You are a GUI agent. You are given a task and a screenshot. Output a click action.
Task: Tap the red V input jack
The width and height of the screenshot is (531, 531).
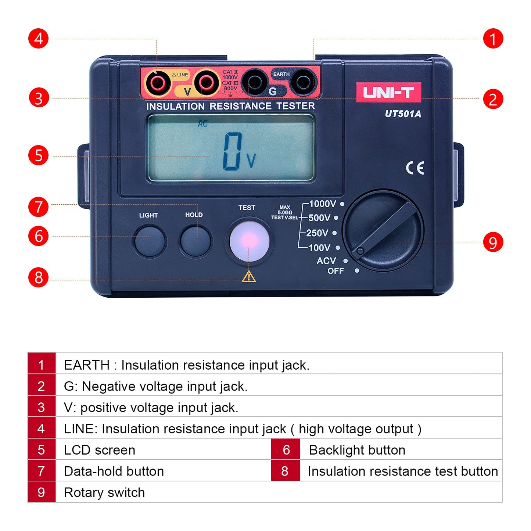click(x=206, y=83)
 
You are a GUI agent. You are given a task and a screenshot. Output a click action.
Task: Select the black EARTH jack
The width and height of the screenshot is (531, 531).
click(x=303, y=82)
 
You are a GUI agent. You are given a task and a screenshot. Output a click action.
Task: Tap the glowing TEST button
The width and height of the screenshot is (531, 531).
click(x=249, y=241)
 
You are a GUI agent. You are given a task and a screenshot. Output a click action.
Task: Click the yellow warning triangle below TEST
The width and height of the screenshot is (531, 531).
click(x=249, y=276)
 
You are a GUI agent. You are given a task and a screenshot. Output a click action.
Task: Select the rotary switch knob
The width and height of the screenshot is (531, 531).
click(x=383, y=230)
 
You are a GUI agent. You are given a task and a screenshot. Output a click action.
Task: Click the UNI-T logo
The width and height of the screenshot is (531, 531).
click(x=388, y=92)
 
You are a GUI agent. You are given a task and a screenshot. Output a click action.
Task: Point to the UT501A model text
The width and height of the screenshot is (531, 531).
click(x=403, y=114)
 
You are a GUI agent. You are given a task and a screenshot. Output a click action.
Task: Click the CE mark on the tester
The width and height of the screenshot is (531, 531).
click(x=415, y=168)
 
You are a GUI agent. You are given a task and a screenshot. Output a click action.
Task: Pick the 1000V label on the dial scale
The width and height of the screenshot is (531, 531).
click(x=322, y=204)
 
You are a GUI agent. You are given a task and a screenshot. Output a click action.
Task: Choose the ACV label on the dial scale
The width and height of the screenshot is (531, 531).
click(x=326, y=261)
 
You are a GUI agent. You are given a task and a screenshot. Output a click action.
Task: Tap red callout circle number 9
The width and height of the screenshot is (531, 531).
click(x=492, y=243)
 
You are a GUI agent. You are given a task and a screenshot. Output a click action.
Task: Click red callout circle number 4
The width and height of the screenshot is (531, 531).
click(x=39, y=39)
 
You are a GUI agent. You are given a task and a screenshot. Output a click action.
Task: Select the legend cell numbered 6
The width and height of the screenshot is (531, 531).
click(x=286, y=449)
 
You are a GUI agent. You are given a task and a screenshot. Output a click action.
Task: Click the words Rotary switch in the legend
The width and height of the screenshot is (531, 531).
click(x=104, y=492)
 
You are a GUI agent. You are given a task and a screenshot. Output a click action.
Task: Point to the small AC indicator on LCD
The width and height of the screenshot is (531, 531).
click(x=202, y=124)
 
